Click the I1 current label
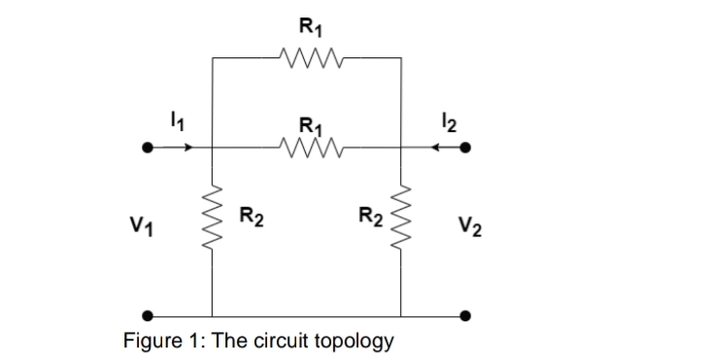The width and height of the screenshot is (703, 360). pos(177,121)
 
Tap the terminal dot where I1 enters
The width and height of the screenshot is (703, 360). pos(148,148)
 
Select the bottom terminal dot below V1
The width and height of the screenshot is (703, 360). pos(148,315)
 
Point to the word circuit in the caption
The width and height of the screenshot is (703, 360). pos(278,341)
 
